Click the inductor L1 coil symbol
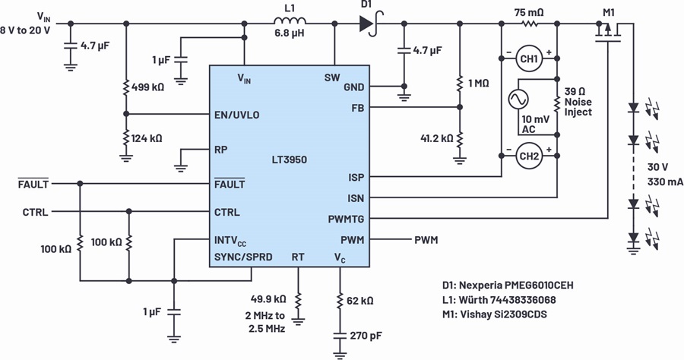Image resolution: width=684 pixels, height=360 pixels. [x=290, y=20]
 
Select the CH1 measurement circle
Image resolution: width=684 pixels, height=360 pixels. [x=529, y=58]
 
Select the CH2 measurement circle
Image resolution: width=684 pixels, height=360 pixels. [x=529, y=156]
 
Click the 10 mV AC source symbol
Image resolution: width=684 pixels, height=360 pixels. [x=518, y=99]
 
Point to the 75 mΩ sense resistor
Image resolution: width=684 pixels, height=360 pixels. [x=529, y=24]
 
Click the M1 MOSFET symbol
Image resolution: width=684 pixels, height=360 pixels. [x=608, y=33]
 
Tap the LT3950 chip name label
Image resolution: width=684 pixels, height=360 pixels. [x=290, y=159]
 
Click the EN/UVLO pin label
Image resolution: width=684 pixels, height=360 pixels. [x=237, y=115]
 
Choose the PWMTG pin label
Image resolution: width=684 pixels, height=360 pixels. [x=346, y=219]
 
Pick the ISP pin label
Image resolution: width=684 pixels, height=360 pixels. [x=356, y=178]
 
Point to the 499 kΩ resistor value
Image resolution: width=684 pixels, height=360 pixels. [x=147, y=87]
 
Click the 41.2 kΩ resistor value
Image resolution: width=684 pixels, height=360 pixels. [x=437, y=138]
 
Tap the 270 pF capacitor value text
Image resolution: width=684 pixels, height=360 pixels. [x=367, y=336]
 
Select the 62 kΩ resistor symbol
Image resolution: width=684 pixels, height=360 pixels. [x=340, y=301]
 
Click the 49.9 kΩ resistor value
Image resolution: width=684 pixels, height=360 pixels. [x=268, y=299]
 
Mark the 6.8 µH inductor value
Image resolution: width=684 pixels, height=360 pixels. [x=290, y=33]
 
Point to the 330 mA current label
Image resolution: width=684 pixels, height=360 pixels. [x=665, y=182]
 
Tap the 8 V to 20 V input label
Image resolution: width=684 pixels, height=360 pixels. [x=25, y=30]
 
